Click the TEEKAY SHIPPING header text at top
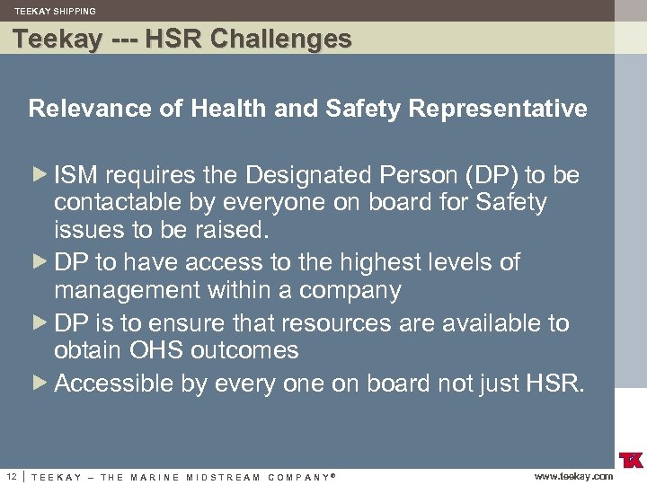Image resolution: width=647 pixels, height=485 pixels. (55, 11)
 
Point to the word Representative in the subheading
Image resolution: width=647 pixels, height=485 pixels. (498, 110)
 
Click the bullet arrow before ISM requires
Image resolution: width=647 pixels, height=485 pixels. (40, 173)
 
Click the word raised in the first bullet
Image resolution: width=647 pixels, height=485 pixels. (233, 230)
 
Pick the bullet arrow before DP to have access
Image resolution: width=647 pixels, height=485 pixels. (40, 261)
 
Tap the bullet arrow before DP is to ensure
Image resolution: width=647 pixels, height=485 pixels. (40, 322)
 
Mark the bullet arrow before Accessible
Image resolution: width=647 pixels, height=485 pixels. (40, 383)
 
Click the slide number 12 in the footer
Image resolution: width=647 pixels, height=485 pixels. (11, 475)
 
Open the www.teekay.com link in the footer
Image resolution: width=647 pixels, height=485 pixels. (573, 476)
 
